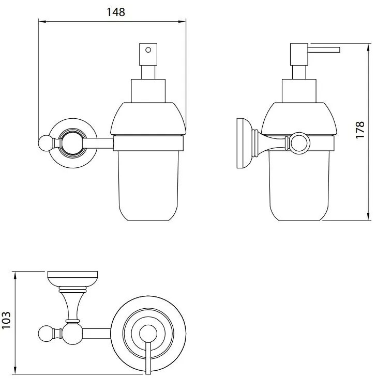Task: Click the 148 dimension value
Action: tap(116, 12)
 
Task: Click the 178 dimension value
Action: tap(360, 130)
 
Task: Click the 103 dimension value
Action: tap(6, 320)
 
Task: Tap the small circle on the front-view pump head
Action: tap(148, 50)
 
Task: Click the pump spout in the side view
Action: tap(324, 50)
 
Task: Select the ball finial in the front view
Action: tap(44, 144)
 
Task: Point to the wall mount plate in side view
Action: tap(244, 143)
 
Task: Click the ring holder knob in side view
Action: tap(300, 143)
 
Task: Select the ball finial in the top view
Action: tap(45, 335)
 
